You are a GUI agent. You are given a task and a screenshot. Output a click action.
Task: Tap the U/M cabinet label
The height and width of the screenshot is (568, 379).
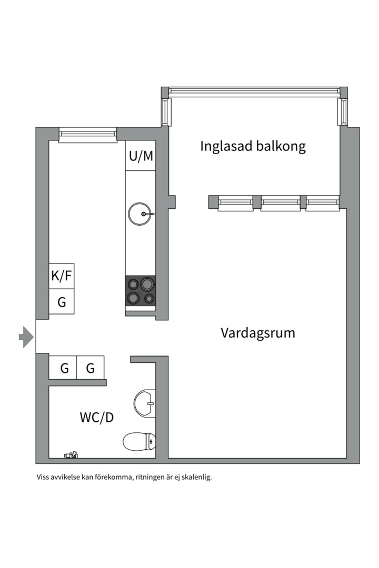(141, 156)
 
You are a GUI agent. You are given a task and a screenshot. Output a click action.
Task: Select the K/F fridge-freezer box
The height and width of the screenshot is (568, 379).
(62, 276)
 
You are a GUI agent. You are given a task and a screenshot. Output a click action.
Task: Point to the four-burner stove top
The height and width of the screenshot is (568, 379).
(141, 290)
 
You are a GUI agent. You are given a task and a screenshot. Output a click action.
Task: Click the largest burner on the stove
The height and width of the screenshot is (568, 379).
(147, 283)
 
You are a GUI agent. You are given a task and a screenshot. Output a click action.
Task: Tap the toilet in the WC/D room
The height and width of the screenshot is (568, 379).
(139, 442)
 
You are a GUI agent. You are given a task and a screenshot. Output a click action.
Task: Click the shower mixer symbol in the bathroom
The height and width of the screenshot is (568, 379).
(71, 455)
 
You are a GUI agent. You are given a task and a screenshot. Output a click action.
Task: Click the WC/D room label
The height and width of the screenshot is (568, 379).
(96, 417)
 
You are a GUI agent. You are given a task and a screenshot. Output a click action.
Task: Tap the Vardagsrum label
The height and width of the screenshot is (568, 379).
(258, 333)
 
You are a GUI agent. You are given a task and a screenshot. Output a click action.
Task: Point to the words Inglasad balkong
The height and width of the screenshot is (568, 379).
(253, 146)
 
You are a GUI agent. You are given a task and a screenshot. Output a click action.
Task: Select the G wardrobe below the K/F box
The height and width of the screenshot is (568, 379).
(62, 301)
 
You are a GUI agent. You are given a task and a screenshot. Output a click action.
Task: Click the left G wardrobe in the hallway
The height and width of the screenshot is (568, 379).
(63, 368)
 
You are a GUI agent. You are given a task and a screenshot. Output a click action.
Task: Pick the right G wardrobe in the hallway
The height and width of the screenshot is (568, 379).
(91, 368)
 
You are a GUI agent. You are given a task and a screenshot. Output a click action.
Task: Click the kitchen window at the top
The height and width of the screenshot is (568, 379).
(88, 135)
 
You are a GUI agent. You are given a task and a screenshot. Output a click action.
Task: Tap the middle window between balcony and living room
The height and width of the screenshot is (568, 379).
(281, 203)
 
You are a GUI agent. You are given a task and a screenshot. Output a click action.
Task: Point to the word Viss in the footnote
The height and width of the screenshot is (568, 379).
(43, 477)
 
